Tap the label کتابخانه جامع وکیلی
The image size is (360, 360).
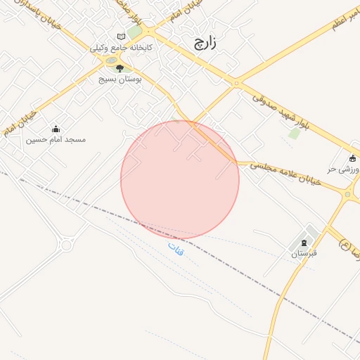tap(121, 48)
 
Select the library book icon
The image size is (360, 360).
tap(121, 37)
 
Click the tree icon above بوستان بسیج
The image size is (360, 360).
tap(119, 69)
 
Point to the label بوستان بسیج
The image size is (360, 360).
tap(120, 80)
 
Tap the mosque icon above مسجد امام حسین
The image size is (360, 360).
tap(56, 129)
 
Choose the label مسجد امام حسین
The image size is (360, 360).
tap(56, 140)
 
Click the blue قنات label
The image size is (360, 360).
tap(175, 247)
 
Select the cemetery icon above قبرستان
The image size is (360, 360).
tap(304, 242)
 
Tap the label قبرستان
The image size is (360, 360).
tap(304, 253)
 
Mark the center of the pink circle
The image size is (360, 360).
tap(180, 180)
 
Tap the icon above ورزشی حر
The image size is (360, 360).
tap(352, 158)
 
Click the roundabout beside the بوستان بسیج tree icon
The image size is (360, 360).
tap(110, 62)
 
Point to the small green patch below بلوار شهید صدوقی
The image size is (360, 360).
tap(294, 133)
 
